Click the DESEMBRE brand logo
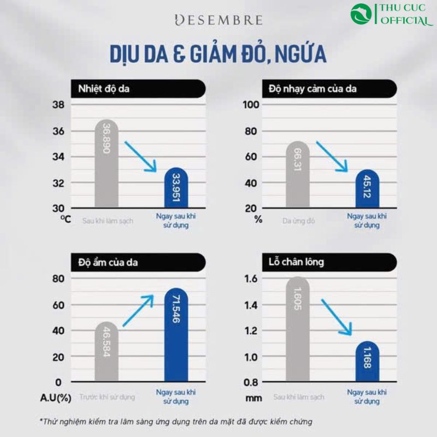click(218, 21)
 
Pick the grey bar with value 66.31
click(297, 174)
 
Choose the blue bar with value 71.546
click(176, 335)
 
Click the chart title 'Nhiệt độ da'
click(104, 88)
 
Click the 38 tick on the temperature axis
click(58, 105)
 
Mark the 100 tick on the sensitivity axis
click(249, 105)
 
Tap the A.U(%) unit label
click(56, 397)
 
